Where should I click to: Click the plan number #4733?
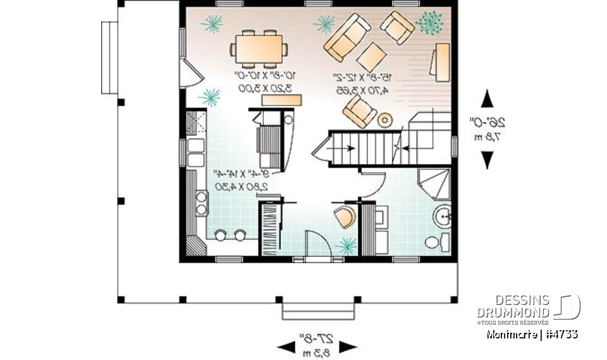[x=560, y=333]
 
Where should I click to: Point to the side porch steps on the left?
[x=109, y=42]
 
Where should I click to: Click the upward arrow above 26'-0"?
[x=487, y=100]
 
